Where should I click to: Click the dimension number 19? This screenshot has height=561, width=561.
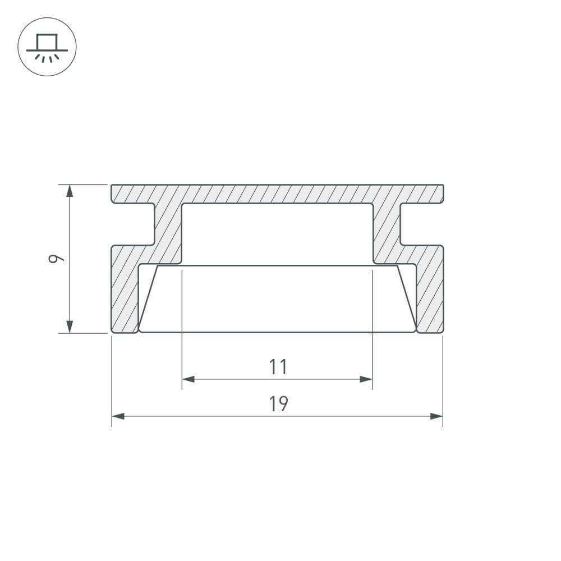click(278, 403)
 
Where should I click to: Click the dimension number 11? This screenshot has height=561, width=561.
click(278, 367)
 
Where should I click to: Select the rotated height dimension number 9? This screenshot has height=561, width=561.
click(56, 258)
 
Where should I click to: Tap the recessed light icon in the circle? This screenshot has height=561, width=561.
click(47, 48)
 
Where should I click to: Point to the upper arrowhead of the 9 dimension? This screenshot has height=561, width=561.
click(70, 191)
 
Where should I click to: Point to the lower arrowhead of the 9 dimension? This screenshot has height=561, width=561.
click(70, 327)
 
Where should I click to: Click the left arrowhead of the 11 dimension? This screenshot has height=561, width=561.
click(188, 379)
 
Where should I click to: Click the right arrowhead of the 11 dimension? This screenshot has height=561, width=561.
click(366, 379)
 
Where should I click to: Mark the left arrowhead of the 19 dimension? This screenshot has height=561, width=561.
click(118, 416)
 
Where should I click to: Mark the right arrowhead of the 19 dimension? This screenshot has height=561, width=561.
click(436, 416)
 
